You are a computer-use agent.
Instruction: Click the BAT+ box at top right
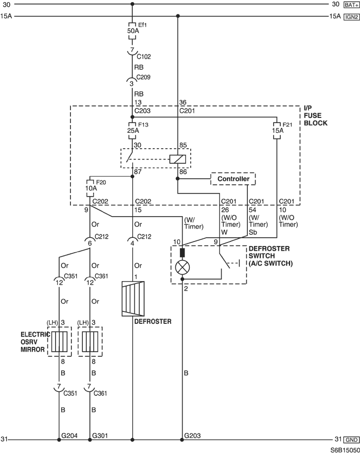pyautogui.click(x=352, y=5)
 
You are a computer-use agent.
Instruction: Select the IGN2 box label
pyautogui.click(x=352, y=17)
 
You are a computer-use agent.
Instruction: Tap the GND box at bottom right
pyautogui.click(x=352, y=440)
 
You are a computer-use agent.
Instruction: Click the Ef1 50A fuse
pyautogui.click(x=133, y=31)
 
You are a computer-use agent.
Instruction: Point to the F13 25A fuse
pyautogui.click(x=133, y=131)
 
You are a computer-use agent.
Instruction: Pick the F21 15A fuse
pyautogui.click(x=277, y=131)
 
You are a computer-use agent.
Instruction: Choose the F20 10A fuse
pyautogui.click(x=91, y=188)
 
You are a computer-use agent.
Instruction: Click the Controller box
pyautogui.click(x=233, y=179)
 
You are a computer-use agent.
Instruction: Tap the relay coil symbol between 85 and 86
pyautogui.click(x=177, y=159)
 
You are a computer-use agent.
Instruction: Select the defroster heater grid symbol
pyautogui.click(x=133, y=299)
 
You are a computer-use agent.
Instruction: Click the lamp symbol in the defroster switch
pyautogui.click(x=183, y=267)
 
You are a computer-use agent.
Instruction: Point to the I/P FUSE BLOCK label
pyautogui.click(x=315, y=115)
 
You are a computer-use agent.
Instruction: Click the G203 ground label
pyautogui.click(x=192, y=435)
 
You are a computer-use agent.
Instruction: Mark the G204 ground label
pyautogui.click(x=69, y=435)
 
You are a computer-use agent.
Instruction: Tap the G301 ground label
pyautogui.click(x=100, y=435)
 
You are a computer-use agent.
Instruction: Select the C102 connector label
pyautogui.click(x=144, y=57)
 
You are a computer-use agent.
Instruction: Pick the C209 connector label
pyautogui.click(x=143, y=77)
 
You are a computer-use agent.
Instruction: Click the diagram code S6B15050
pyautogui.click(x=346, y=450)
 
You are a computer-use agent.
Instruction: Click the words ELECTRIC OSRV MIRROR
pyautogui.click(x=34, y=342)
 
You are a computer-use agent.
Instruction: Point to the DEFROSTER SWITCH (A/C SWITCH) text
pyautogui.click(x=271, y=256)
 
